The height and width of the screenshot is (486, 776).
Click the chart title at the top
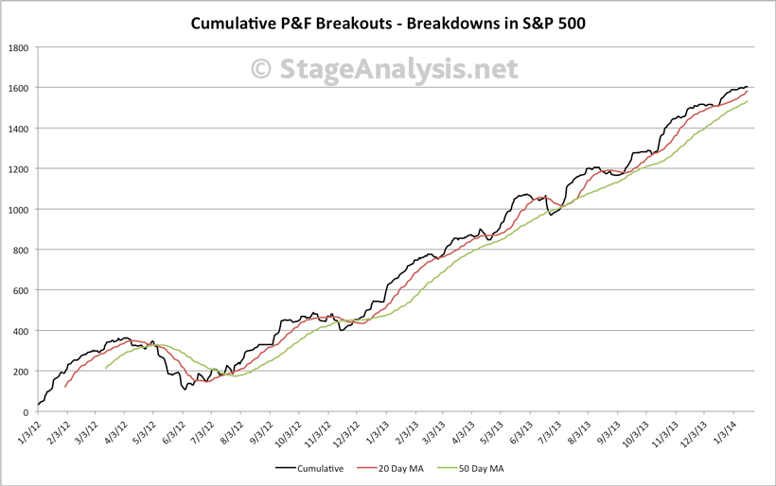point(388,23)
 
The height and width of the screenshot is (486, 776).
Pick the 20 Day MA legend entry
point(384,467)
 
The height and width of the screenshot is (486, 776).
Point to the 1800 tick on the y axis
point(19,47)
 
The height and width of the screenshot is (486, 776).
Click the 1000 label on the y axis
point(19,210)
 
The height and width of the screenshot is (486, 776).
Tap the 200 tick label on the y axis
point(22,372)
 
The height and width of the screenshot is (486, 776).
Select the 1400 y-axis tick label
point(19,129)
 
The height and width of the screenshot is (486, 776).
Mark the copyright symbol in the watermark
point(262,69)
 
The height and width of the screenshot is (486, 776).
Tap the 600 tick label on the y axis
point(22,290)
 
